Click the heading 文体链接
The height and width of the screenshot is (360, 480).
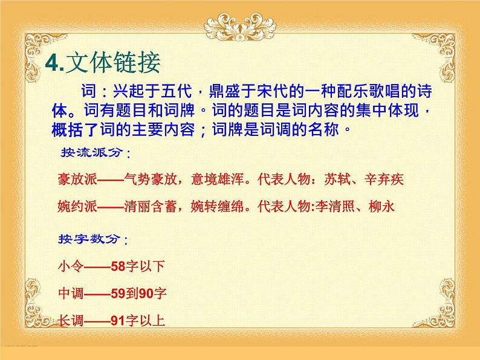115,63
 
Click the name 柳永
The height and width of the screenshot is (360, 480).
381,207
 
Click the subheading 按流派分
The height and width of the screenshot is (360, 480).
91,152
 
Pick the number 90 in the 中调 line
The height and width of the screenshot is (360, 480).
147,294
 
